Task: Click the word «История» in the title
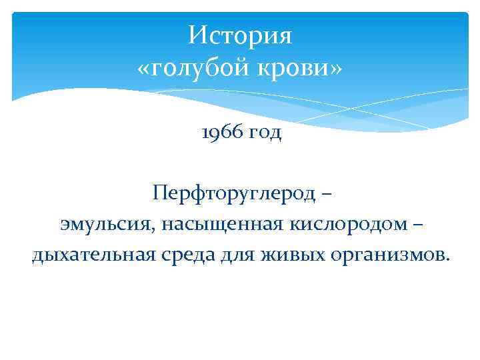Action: pos(240,35)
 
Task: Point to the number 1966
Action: pos(219,133)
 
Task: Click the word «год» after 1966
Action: pos(265,134)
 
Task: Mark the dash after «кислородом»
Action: pos(417,225)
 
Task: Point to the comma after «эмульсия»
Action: pos(158,230)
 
